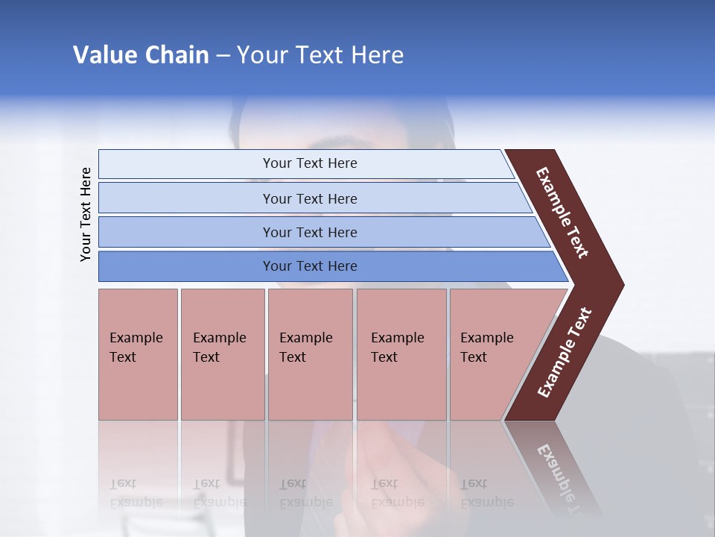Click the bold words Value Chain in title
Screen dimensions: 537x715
(x=141, y=55)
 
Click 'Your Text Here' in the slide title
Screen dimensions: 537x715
(x=320, y=55)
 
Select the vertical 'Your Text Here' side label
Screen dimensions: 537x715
(x=86, y=214)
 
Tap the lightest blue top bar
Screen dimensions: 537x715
(x=309, y=163)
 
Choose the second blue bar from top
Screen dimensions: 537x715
(x=309, y=198)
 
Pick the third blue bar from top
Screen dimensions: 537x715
(x=309, y=232)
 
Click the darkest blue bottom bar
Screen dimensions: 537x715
(x=309, y=266)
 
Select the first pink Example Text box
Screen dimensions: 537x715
(x=138, y=354)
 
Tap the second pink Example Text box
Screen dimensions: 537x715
(x=222, y=354)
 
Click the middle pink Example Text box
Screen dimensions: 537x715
(x=310, y=354)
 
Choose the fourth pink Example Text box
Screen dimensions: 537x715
(x=401, y=354)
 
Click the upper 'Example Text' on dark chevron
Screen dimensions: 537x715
(x=562, y=213)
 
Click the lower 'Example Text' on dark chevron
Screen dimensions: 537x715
(x=564, y=353)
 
